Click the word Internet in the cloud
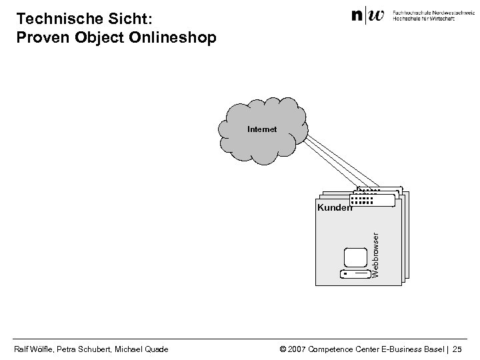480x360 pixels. coord(261,129)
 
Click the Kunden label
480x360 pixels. coord(334,207)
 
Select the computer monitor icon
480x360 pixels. coord(355,258)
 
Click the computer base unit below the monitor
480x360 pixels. coord(355,274)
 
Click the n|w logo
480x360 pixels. coord(368,15)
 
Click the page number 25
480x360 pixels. coord(465,348)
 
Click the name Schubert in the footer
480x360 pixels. coord(97,348)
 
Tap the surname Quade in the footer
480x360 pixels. coord(155,348)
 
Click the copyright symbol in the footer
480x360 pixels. coord(283,348)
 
